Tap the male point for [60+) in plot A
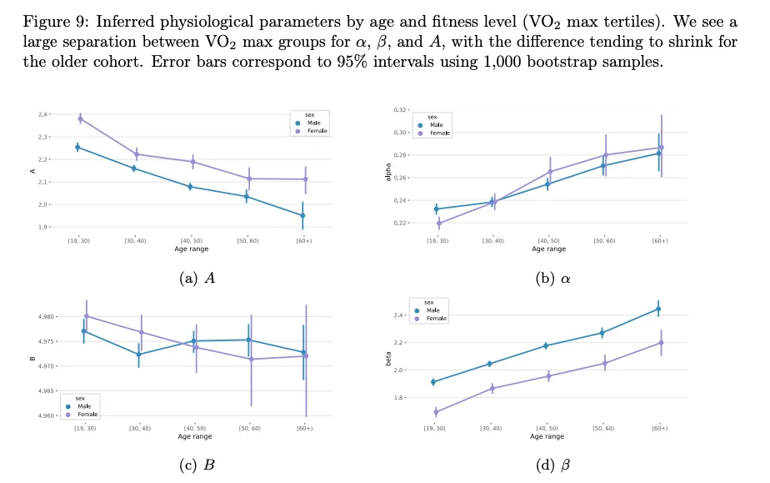(x=302, y=215)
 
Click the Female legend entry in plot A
(x=317, y=131)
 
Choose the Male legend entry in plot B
(x=86, y=406)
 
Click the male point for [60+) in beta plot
(x=658, y=309)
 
